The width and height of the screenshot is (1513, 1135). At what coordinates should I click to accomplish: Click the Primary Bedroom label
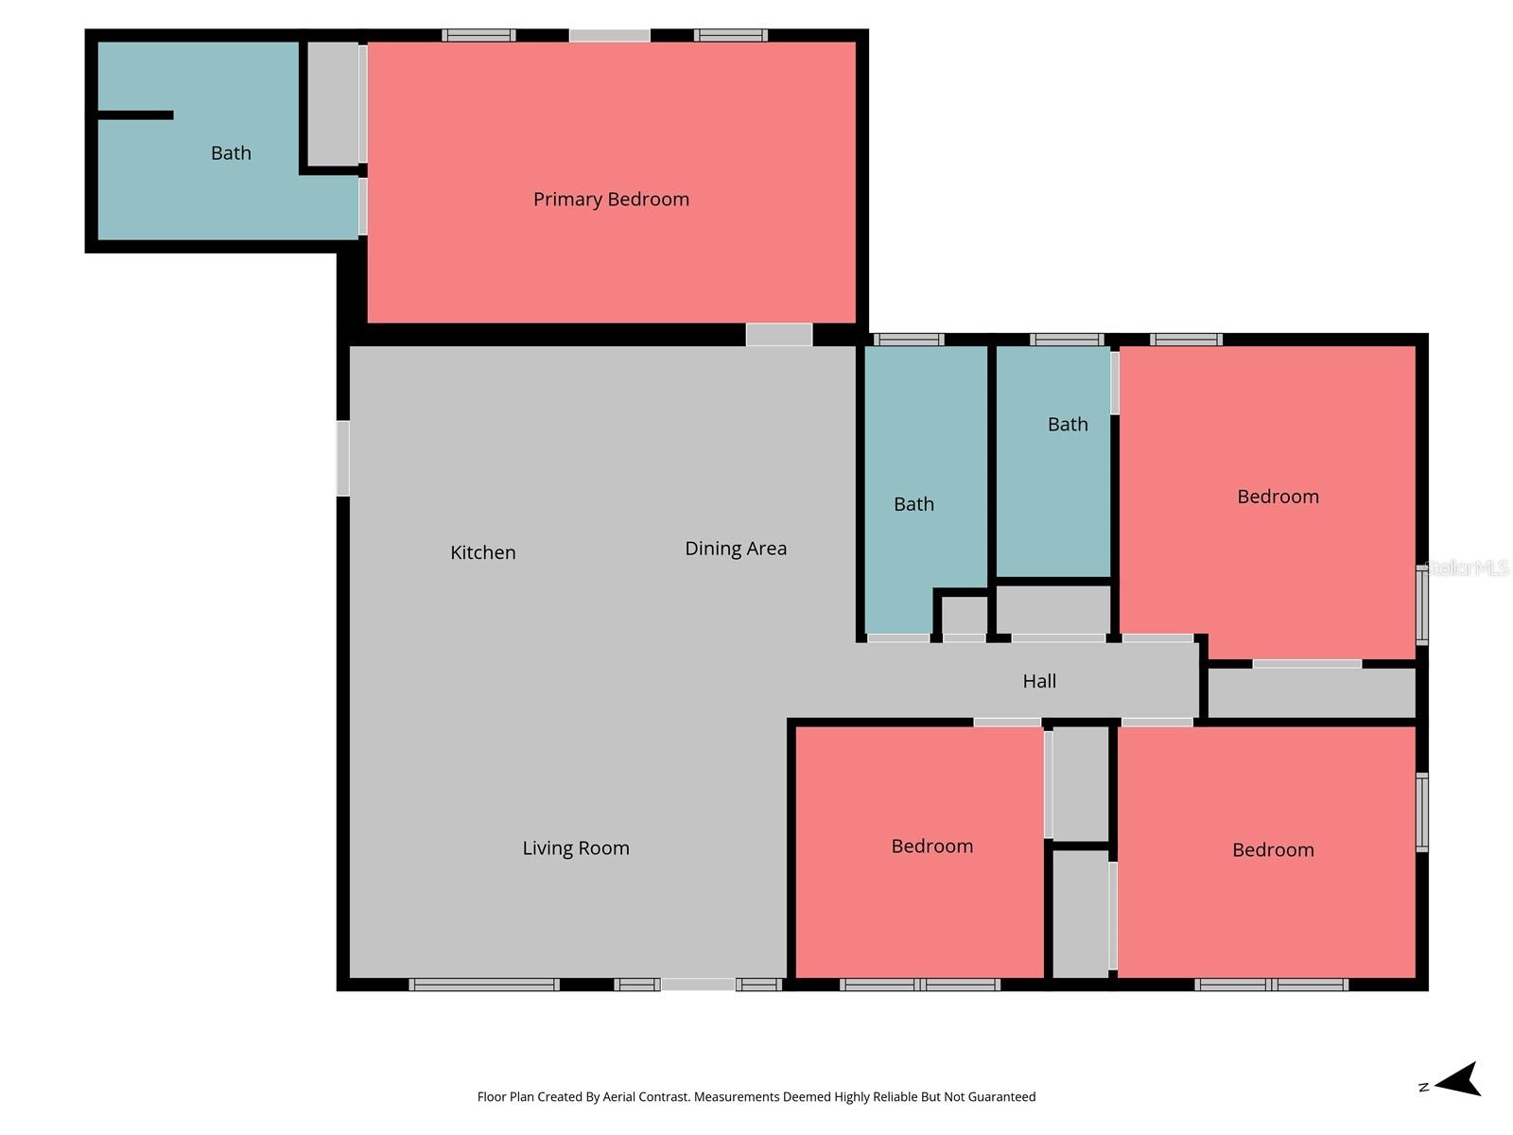point(611,200)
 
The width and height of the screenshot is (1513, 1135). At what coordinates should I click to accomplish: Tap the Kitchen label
point(482,552)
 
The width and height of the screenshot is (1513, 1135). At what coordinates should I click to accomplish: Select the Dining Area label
point(736,549)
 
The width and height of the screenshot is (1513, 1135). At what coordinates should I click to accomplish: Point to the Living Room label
point(576,848)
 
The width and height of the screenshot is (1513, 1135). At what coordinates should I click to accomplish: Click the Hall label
point(1039,681)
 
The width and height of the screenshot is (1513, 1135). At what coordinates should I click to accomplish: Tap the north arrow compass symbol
point(1457,1080)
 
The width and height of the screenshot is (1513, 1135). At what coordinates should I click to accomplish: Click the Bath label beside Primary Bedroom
point(231,153)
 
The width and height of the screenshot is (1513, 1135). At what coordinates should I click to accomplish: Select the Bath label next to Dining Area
point(913,504)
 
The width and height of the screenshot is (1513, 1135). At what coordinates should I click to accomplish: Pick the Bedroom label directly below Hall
point(931,847)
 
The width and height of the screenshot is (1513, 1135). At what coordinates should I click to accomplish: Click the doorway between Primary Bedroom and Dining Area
point(778,334)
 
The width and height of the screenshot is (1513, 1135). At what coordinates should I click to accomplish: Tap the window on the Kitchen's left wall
point(343,459)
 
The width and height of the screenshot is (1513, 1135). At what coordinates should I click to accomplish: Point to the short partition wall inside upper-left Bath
point(135,115)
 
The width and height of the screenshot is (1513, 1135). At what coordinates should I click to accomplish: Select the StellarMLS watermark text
point(1467,567)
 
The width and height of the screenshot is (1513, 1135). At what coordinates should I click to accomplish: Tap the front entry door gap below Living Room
point(698,985)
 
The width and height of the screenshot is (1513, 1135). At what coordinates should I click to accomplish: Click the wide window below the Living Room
point(483,985)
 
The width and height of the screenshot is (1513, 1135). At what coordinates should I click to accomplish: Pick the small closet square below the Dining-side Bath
point(964,615)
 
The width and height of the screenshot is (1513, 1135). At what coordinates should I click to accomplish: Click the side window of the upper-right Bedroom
point(1421,605)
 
